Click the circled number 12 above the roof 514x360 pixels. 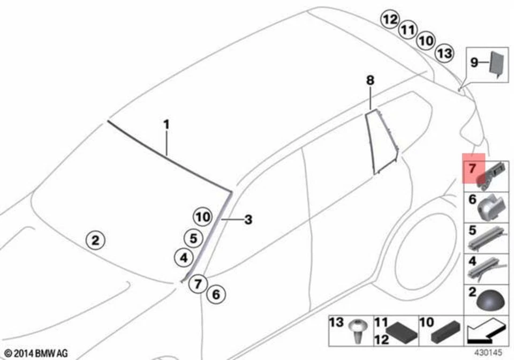[x=390, y=20]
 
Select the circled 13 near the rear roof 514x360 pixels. [x=444, y=52]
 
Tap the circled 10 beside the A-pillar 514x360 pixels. [x=202, y=217]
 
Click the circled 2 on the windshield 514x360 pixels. [x=95, y=239]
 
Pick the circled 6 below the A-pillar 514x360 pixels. [x=215, y=294]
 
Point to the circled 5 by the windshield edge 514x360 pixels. [x=193, y=237]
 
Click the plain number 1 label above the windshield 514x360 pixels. [x=167, y=125]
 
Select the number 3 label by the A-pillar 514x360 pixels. [x=248, y=220]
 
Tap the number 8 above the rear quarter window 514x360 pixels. [x=371, y=81]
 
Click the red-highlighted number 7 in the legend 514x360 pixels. [x=472, y=168]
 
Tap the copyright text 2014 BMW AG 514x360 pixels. [x=36, y=353]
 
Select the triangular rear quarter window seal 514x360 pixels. [x=380, y=142]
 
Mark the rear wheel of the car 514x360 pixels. [x=423, y=252]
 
